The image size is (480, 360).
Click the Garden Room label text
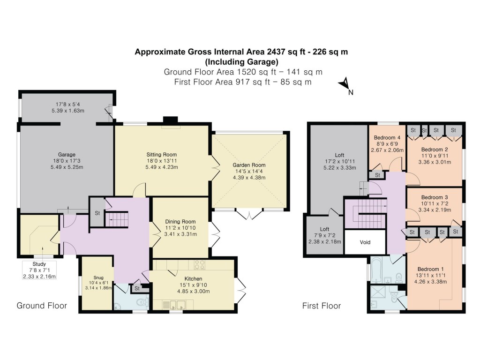pyautogui.click(x=249, y=165)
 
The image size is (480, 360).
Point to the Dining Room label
pyautogui.click(x=180, y=222)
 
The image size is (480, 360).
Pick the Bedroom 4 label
pyautogui.click(x=387, y=138)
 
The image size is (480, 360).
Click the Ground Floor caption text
pyautogui.click(x=42, y=306)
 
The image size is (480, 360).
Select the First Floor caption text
pyautogui.click(x=322, y=306)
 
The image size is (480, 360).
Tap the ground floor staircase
pyautogui.click(x=116, y=219)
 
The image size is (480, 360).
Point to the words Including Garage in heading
pyautogui.click(x=242, y=61)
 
